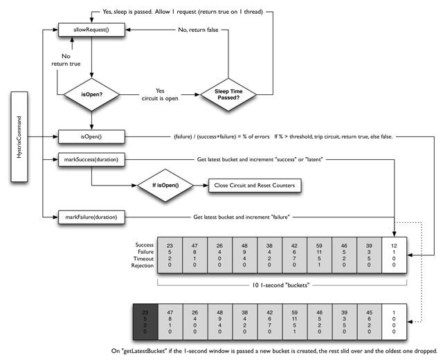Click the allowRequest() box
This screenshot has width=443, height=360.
[x=92, y=29]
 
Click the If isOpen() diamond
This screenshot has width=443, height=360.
[x=165, y=186]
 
